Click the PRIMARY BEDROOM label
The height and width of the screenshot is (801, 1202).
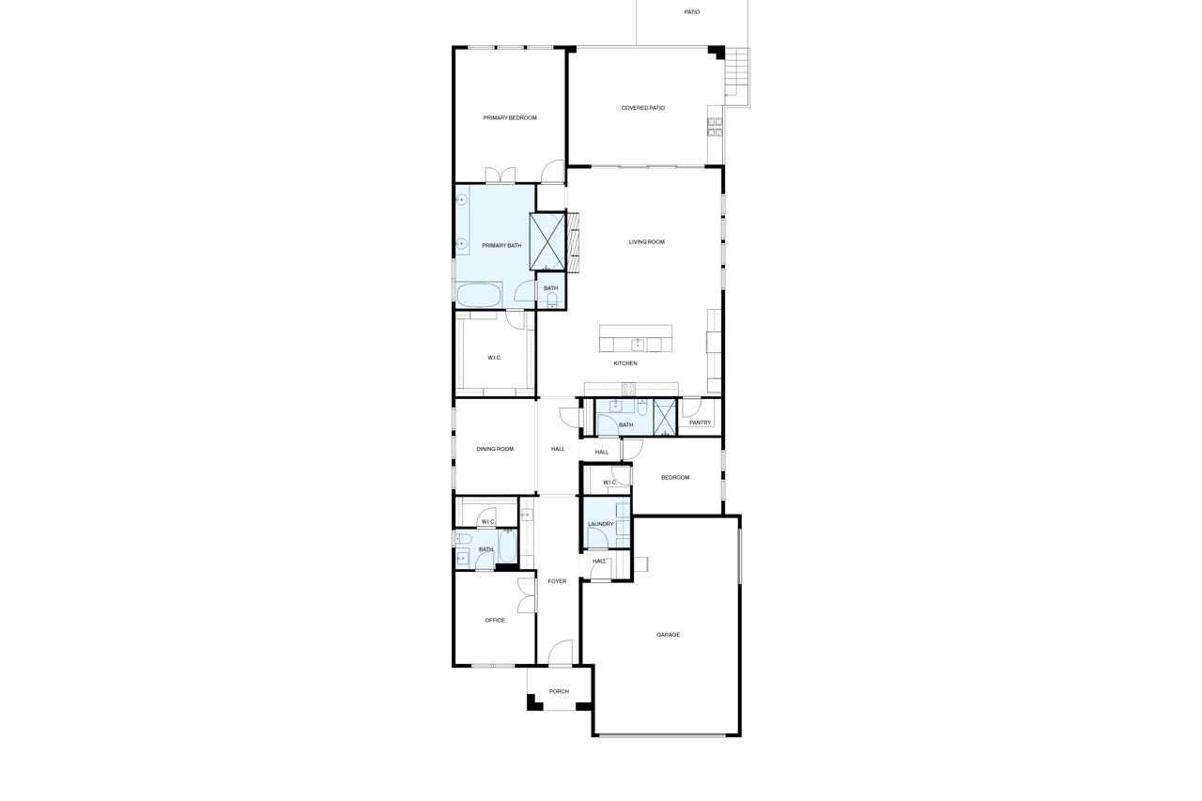click(510, 118)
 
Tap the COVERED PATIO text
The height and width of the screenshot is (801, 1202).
click(642, 108)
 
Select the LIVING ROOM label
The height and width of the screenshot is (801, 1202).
click(646, 242)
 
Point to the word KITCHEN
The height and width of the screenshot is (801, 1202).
click(625, 363)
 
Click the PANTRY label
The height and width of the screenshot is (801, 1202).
click(700, 423)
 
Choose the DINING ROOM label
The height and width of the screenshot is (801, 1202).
click(495, 449)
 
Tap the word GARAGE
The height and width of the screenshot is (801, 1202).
click(668, 635)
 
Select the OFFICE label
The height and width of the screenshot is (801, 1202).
click(495, 620)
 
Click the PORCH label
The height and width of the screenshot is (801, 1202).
click(559, 691)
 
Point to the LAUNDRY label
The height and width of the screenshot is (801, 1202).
click(600, 524)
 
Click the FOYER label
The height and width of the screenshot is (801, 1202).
click(557, 581)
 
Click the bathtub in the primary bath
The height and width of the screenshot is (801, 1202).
click(479, 295)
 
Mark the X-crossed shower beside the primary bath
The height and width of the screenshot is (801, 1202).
click(547, 241)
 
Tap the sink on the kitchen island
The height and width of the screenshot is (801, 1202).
click(637, 344)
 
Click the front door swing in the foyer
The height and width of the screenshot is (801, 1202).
click(561, 653)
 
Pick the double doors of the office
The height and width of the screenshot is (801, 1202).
click(526, 595)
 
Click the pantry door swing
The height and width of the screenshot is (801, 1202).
click(690, 408)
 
